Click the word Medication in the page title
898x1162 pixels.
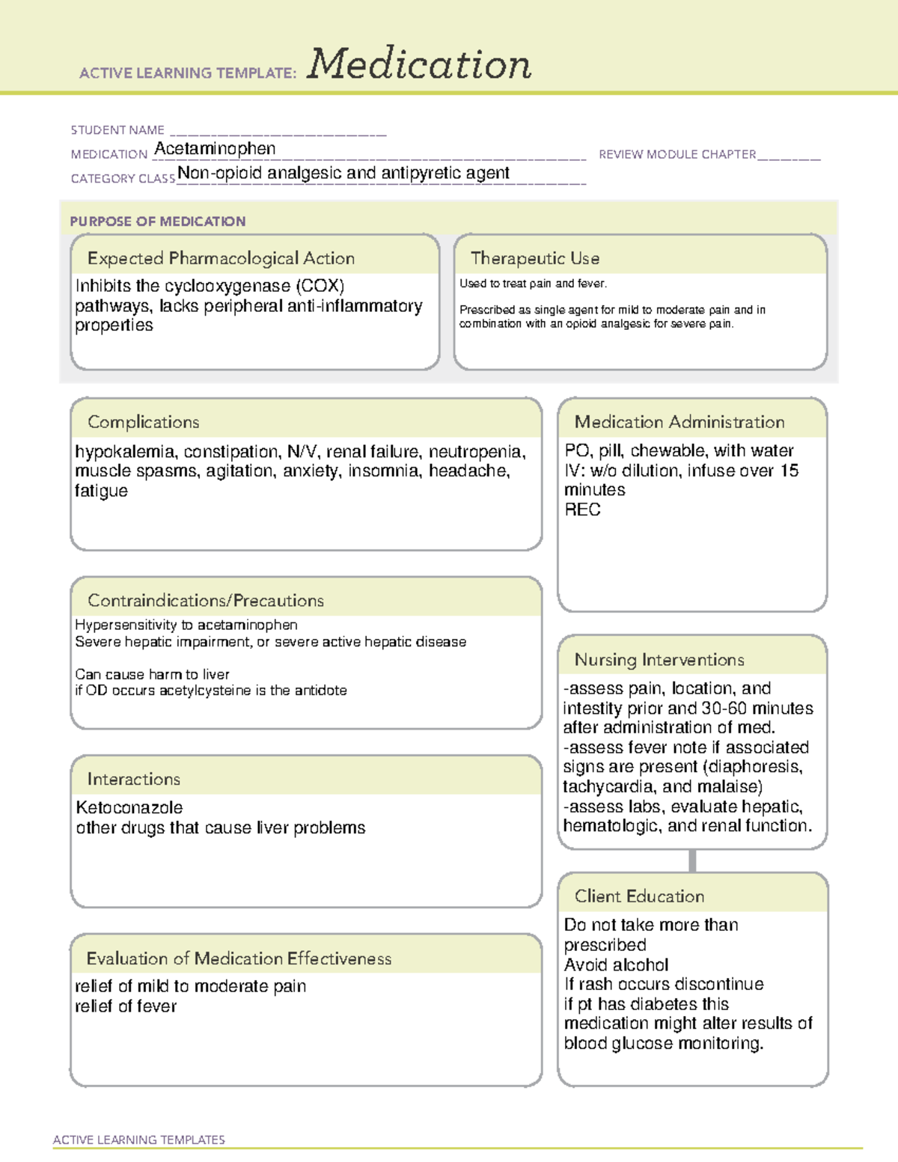(419, 64)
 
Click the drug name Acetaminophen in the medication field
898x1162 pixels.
(215, 149)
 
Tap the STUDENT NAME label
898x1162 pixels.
(117, 130)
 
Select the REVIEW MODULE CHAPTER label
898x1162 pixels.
(677, 154)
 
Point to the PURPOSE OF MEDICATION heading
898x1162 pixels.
(157, 221)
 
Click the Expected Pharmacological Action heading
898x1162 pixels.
(221, 258)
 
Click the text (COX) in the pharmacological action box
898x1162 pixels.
(320, 286)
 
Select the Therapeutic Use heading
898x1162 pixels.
(534, 258)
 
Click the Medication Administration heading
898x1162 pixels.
(679, 422)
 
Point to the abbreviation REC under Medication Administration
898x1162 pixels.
(582, 510)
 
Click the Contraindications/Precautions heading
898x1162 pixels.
(205, 600)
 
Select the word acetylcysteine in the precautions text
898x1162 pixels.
(205, 691)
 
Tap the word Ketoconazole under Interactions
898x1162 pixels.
(129, 808)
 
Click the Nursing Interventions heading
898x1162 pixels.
(659, 660)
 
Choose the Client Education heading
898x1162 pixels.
(639, 896)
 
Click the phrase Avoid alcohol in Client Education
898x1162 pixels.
(616, 965)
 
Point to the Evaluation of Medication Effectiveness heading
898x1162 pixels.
(239, 958)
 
